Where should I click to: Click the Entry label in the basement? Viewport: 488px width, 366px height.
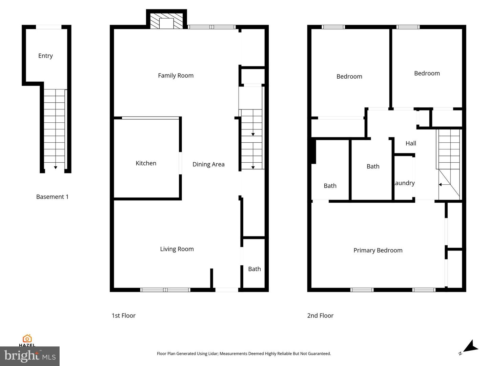[45, 56]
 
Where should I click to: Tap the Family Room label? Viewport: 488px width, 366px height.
[176, 76]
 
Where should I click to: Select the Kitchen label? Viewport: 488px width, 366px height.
[146, 163]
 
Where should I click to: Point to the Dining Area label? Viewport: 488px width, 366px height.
[208, 164]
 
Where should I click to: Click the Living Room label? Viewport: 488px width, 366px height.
[177, 249]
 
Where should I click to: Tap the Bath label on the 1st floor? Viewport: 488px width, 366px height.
[254, 269]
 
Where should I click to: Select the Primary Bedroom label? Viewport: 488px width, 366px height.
[378, 250]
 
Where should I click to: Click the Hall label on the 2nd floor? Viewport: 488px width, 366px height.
[411, 143]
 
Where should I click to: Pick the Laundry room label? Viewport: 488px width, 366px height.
[404, 183]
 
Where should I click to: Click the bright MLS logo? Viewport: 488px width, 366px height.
[30, 356]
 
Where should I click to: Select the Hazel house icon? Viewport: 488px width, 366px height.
[27, 339]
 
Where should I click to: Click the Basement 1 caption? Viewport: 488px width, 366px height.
[52, 197]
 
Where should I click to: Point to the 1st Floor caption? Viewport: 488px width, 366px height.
[123, 316]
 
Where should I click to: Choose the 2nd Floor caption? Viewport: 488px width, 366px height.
[320, 316]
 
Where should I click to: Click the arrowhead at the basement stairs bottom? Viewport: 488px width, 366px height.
[56, 167]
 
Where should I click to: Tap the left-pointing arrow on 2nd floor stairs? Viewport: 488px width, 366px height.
[440, 185]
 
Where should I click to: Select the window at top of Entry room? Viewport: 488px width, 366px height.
[49, 27]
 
